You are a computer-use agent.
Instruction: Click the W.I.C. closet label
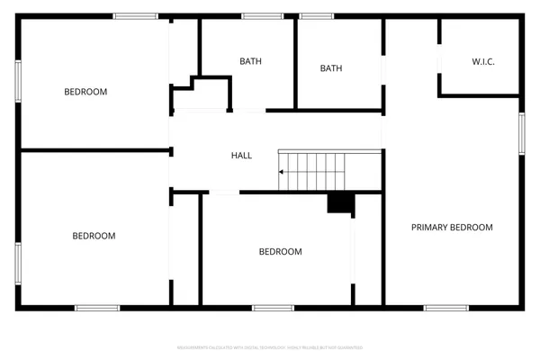[x=483, y=61]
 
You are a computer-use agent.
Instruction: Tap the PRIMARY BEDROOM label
[x=452, y=228]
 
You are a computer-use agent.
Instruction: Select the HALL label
[x=241, y=156]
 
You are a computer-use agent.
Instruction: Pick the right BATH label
[x=331, y=67]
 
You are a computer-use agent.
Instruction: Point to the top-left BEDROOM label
[x=85, y=92]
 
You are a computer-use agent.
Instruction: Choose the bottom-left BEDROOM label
[x=94, y=236]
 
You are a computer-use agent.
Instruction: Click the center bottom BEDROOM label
[x=280, y=252]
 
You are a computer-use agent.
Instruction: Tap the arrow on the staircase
[x=284, y=171]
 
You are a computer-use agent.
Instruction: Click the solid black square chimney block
[x=339, y=203]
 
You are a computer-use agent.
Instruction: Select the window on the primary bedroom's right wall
[x=521, y=133]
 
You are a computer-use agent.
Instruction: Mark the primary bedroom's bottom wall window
[x=445, y=308]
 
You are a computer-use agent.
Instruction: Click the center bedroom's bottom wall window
[x=273, y=308]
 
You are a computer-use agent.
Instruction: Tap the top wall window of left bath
[x=262, y=15]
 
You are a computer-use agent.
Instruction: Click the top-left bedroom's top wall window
[x=136, y=15]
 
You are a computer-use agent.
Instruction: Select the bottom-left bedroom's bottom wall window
[x=97, y=308]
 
